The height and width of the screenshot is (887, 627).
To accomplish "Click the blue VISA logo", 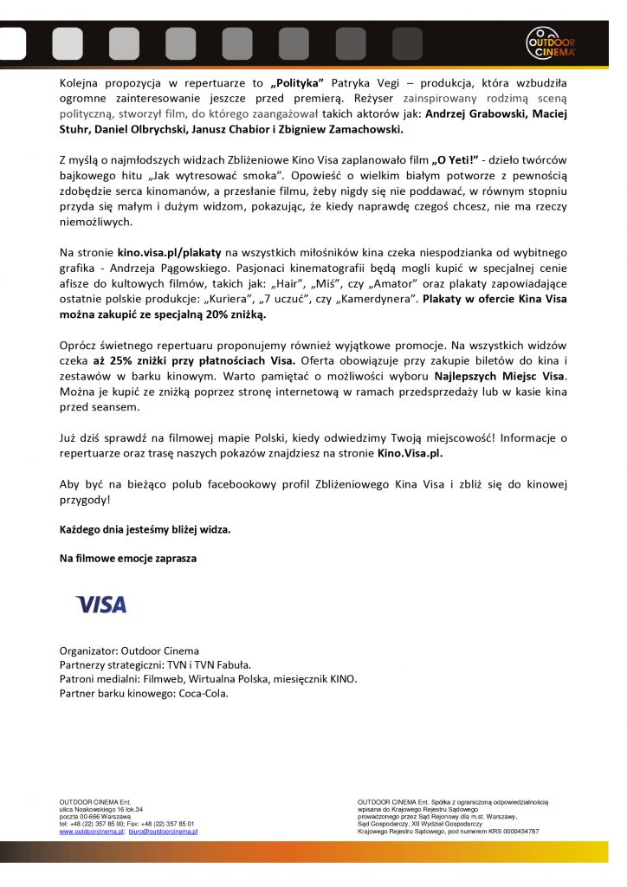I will tap(101, 604).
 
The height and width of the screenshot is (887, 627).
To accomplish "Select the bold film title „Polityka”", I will tap(297, 82).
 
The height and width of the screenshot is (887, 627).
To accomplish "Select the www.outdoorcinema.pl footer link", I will tap(92, 831).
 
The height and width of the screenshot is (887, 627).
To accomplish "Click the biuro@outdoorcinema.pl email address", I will tap(164, 831).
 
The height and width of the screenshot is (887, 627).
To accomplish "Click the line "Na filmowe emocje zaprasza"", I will tap(128, 559).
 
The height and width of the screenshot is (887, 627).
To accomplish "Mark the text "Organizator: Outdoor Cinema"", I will tap(129, 651).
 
